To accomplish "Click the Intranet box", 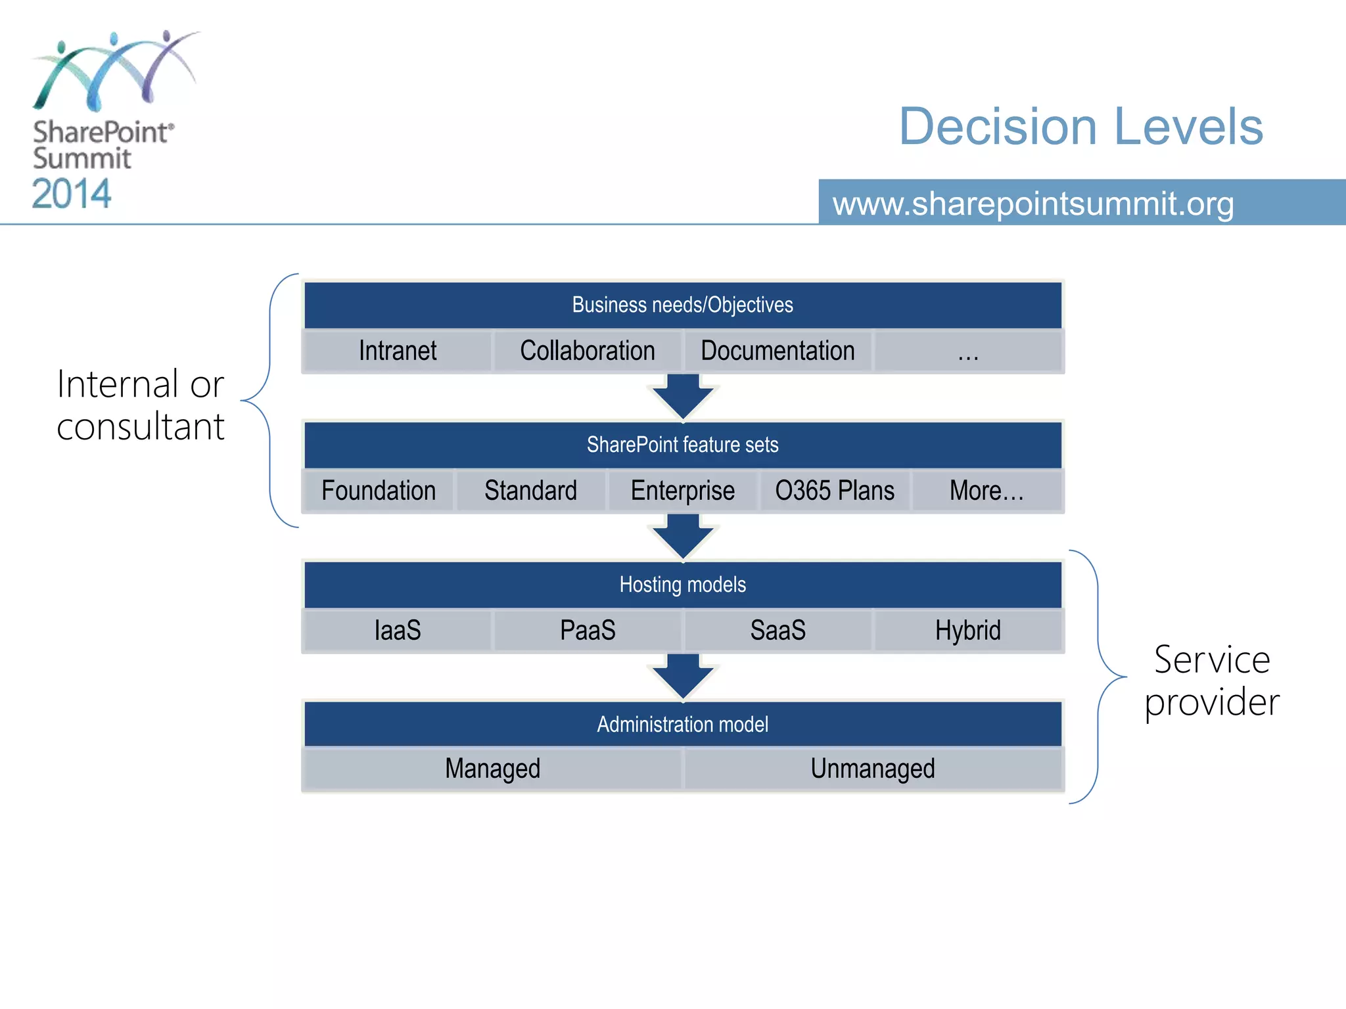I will tap(397, 351).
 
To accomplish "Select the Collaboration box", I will tap(588, 351).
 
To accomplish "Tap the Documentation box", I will tap(777, 351).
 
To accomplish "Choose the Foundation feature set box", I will tap(379, 491).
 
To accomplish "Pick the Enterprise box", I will tap(682, 491).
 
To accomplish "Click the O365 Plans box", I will tap(835, 491).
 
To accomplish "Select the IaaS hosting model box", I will tap(397, 631).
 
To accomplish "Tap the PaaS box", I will tap(588, 631).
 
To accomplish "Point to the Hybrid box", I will tap(967, 631).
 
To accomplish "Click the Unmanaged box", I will tap(873, 769).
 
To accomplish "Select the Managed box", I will tap(492, 769).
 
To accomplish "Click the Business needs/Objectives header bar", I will tap(682, 305).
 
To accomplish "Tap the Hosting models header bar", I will tap(682, 585).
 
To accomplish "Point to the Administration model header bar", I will tap(682, 725).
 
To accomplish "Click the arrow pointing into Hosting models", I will tap(683, 536).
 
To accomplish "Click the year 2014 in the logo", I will tap(72, 194).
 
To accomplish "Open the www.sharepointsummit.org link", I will tap(1033, 204).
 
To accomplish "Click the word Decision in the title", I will tap(998, 126).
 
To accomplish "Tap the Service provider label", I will tap(1212, 681).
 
